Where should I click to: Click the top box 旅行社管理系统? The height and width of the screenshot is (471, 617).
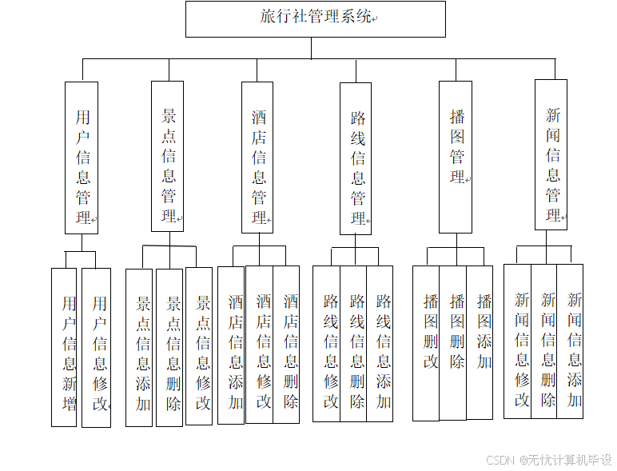tap(315, 18)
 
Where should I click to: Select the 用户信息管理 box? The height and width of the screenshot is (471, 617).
tap(82, 158)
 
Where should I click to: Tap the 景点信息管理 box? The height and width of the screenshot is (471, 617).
tap(167, 156)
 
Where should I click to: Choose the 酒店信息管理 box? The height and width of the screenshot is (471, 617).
tap(257, 157)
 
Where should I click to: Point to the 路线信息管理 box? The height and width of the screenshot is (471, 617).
tap(356, 158)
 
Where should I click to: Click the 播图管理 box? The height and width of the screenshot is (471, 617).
tap(456, 157)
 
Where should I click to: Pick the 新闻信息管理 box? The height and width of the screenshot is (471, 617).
tap(551, 154)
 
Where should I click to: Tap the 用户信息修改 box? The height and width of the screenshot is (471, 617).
tap(97, 348)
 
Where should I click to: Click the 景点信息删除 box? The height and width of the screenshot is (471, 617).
tap(169, 348)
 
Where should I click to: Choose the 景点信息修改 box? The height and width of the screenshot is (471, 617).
tap(199, 346)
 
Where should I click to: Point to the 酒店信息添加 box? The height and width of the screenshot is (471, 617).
tap(232, 345)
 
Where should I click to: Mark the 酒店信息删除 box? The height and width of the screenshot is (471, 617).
tap(286, 345)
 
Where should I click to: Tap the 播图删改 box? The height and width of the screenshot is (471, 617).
tap(426, 343)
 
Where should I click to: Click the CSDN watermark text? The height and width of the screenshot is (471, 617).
tap(548, 460)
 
